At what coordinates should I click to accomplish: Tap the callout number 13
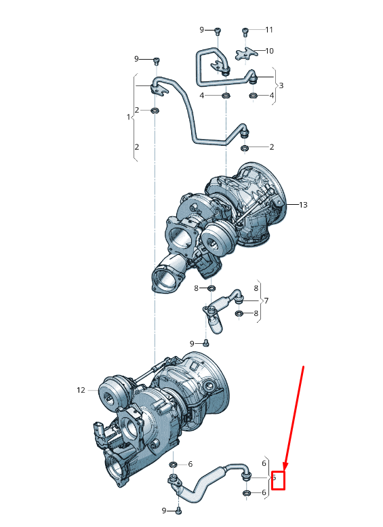tap(302, 205)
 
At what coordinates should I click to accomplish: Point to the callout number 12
tap(81, 390)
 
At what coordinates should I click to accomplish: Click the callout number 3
tap(281, 85)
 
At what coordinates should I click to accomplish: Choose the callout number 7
tap(266, 300)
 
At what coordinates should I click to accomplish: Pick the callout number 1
tap(128, 117)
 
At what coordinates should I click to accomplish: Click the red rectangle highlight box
tap(278, 480)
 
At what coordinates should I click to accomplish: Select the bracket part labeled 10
tap(246, 53)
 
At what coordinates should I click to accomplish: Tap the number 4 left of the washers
tap(202, 96)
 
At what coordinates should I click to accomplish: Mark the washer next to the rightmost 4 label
tap(253, 96)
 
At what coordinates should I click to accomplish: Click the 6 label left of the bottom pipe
tap(190, 464)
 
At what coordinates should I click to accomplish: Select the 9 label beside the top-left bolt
tap(136, 59)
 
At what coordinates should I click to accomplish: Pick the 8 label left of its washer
tap(196, 289)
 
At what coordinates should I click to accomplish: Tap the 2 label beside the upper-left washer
tap(137, 110)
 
